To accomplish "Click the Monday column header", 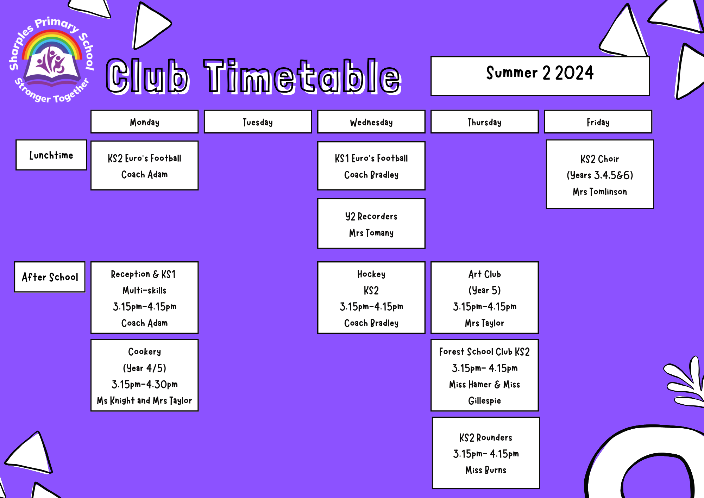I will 144,122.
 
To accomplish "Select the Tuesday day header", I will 258,122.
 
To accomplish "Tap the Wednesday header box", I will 371,122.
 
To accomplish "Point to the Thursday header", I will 484,122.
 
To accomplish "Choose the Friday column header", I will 598,122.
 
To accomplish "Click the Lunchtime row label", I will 51,155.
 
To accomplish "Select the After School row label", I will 50,277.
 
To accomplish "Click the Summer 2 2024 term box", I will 540,76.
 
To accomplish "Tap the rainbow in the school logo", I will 52,41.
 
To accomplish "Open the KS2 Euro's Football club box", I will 144,166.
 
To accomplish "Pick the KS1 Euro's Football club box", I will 371,166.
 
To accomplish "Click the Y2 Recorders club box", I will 371,224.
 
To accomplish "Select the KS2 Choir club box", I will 599,174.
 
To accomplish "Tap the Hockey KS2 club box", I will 371,298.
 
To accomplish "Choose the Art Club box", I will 484,298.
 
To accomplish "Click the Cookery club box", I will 144,375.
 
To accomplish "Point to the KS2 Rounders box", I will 486,453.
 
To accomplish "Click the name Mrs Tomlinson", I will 599,192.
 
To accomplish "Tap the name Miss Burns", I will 486,470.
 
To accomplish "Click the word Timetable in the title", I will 303,76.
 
